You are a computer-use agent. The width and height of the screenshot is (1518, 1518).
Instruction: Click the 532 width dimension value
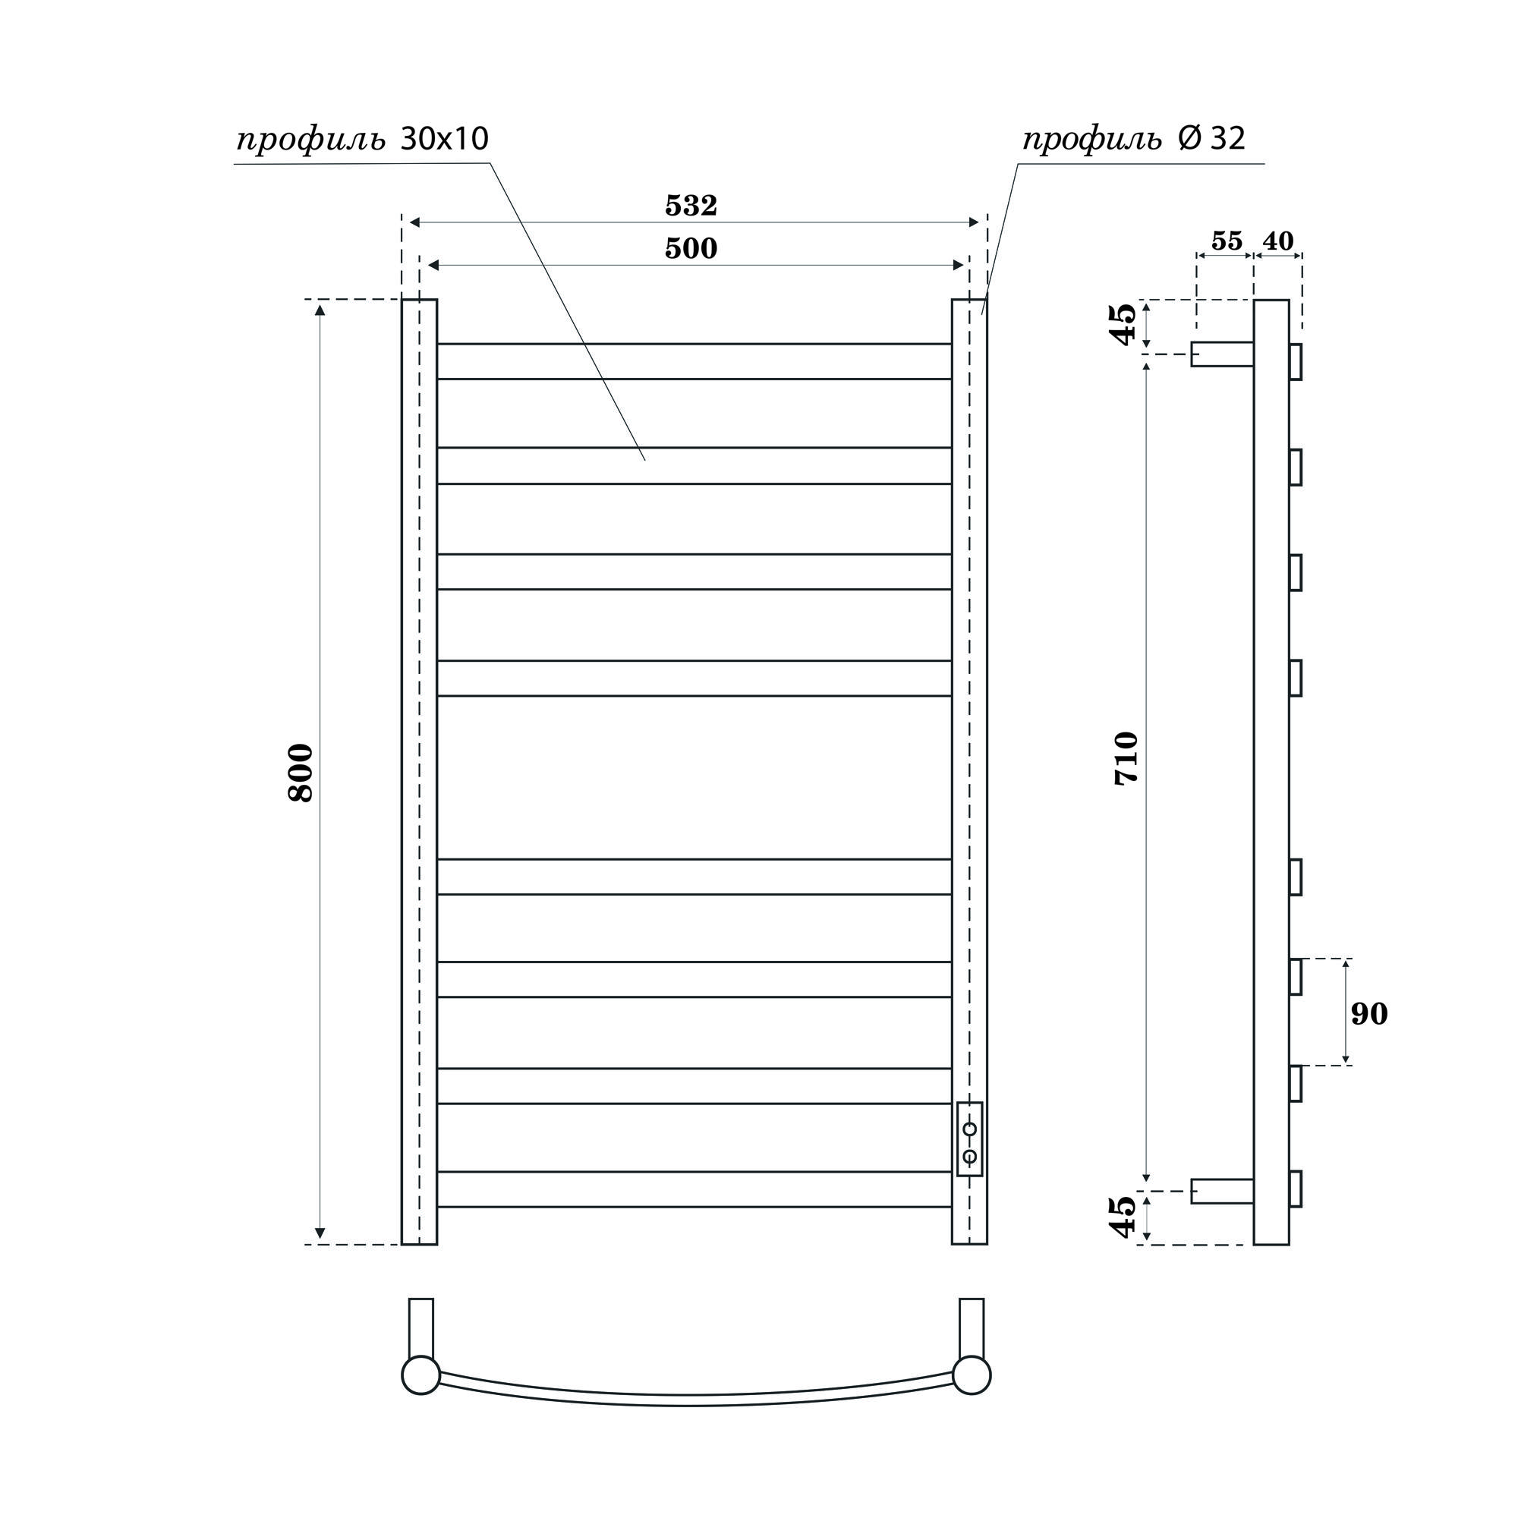pos(691,206)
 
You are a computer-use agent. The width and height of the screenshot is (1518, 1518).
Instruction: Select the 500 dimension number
pos(691,249)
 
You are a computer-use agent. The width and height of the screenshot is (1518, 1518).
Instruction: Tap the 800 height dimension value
pos(301,773)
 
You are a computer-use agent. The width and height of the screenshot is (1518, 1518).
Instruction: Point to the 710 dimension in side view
pos(1126,758)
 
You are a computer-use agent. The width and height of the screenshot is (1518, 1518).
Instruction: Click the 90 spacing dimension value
pos(1369,1014)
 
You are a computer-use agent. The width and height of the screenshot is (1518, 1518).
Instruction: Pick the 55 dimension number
pos(1227,241)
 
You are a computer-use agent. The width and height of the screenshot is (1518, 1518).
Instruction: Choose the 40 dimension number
pos(1278,241)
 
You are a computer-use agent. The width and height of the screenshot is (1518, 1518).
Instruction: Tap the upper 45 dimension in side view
pos(1123,324)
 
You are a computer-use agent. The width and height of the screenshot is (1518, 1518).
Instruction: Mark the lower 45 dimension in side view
pos(1123,1217)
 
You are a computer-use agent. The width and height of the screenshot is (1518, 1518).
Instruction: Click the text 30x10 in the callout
pos(445,139)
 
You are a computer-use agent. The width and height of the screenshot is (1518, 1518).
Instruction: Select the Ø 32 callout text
pos(1211,139)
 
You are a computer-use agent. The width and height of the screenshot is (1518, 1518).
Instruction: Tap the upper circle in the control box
pos(969,1129)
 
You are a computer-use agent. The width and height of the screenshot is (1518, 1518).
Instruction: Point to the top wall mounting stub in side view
pos(1222,354)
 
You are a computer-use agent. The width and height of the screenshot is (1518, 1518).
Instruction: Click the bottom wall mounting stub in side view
pos(1222,1191)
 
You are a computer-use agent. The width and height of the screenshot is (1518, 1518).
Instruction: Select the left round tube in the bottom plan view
pos(420,1376)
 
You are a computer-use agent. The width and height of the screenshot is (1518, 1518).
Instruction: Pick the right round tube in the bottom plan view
pos(972,1376)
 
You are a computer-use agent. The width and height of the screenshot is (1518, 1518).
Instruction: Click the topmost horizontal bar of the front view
pos(694,361)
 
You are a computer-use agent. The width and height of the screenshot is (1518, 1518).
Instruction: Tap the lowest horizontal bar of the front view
pos(694,1189)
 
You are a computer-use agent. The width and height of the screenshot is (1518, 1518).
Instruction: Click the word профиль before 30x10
pos(311,140)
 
